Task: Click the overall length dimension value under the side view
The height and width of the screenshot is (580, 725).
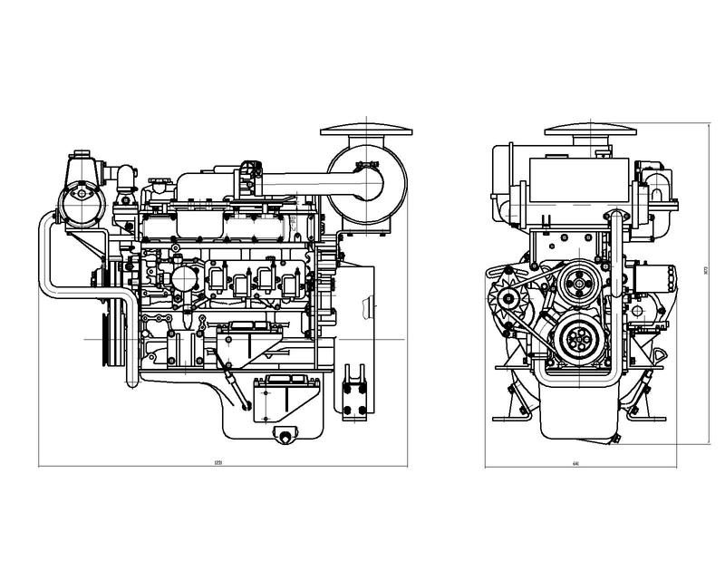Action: pyautogui.click(x=217, y=463)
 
